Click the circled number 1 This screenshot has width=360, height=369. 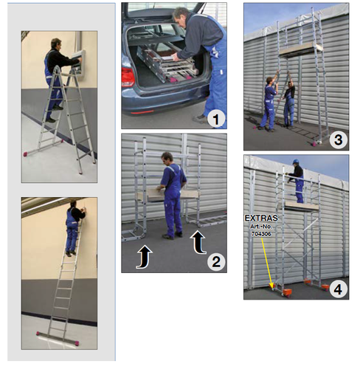point(216,119)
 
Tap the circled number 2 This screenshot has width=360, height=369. point(216,261)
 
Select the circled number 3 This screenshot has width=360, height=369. point(338,139)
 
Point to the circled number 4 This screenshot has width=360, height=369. point(338,289)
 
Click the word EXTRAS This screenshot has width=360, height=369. point(261,218)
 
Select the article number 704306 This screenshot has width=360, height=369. point(261,234)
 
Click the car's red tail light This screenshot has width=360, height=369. point(128,77)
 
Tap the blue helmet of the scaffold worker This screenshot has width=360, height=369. point(295,162)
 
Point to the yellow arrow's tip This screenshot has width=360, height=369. point(272,287)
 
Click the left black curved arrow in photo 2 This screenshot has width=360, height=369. point(145,256)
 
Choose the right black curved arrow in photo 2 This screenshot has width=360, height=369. point(198,242)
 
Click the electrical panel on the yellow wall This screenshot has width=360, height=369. point(79,62)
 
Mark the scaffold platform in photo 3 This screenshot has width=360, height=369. point(301,50)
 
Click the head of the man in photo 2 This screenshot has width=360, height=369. point(167,158)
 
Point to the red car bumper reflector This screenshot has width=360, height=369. point(142,112)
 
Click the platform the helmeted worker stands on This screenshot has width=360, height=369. point(301,207)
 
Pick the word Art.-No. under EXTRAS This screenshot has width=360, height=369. point(261,226)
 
